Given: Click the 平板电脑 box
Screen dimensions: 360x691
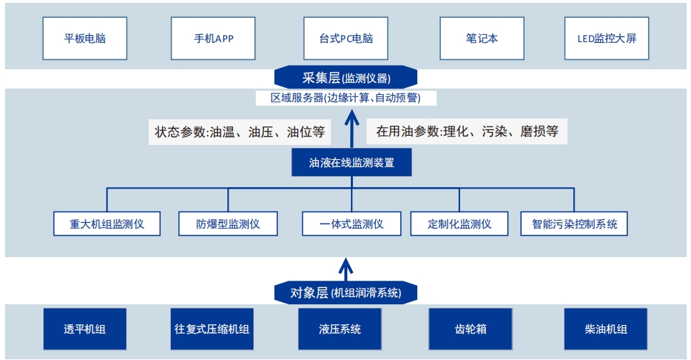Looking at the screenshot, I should [x=85, y=39].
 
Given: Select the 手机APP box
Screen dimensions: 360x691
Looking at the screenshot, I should [x=214, y=39].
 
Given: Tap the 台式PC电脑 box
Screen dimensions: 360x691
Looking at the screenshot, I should [x=347, y=39].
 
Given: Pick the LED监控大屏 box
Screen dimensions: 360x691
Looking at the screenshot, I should [x=606, y=39].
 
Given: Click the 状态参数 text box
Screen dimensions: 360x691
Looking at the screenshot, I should [x=239, y=131].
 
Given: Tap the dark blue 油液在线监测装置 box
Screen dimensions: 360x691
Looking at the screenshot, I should [x=352, y=163].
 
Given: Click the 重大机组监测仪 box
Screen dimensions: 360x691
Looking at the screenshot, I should [x=107, y=224].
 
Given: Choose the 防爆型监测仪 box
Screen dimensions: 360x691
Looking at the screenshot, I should [x=228, y=224].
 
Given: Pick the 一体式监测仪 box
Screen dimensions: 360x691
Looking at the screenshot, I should [x=352, y=224].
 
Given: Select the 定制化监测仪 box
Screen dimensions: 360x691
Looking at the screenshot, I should [x=459, y=224].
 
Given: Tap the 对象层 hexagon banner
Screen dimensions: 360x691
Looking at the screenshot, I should [x=346, y=292].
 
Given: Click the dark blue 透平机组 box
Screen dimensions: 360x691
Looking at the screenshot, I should [x=84, y=329].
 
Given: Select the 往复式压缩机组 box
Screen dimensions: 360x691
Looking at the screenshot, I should [x=212, y=329].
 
